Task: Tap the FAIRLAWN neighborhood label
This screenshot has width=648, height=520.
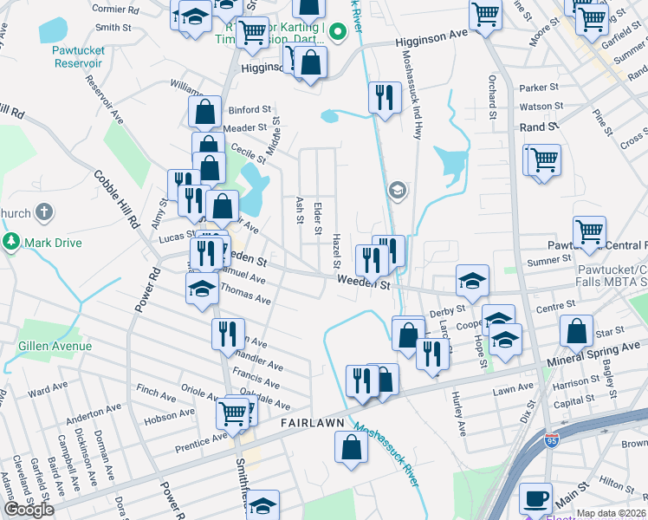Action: click(313, 422)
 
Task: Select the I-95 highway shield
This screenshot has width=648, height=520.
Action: click(550, 439)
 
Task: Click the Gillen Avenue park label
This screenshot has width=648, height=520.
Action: click(55, 346)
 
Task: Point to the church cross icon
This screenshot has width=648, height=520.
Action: click(45, 212)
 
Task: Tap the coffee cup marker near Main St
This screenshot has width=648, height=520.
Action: click(535, 498)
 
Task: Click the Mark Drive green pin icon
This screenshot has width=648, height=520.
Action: click(12, 242)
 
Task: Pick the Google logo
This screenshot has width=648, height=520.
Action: click(29, 510)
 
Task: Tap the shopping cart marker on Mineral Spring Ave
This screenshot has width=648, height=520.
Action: click(233, 413)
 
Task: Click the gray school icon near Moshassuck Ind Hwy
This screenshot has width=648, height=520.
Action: click(397, 191)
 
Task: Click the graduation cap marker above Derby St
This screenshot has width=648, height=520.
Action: click(473, 280)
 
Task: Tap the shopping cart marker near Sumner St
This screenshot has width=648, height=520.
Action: click(589, 231)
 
